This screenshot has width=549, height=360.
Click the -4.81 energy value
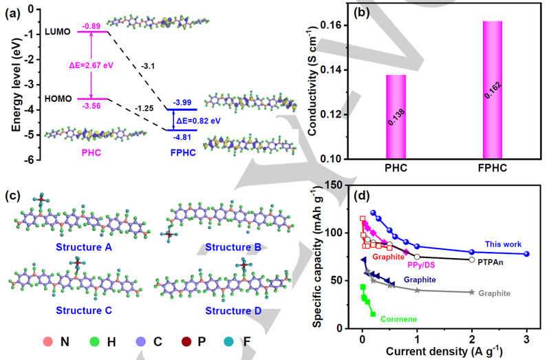[x=182, y=137]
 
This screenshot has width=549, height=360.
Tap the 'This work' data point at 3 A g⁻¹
[x=526, y=254]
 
